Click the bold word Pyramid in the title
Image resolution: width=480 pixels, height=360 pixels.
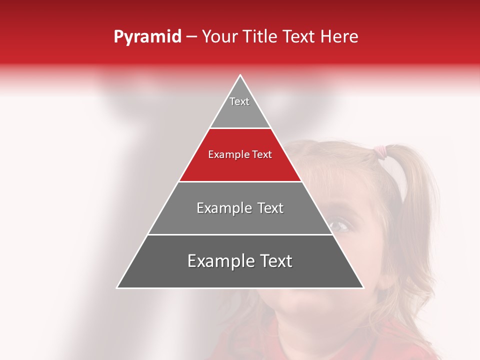147,37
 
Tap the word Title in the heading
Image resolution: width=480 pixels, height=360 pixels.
259,37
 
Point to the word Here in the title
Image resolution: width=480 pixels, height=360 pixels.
339,37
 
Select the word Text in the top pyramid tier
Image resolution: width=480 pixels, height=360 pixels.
239,101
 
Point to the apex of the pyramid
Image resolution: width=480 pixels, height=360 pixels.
240,75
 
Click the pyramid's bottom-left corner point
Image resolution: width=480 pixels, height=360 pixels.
117,288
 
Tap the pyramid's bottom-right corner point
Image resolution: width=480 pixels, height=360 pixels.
363,288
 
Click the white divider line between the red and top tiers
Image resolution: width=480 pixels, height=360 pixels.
240,128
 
